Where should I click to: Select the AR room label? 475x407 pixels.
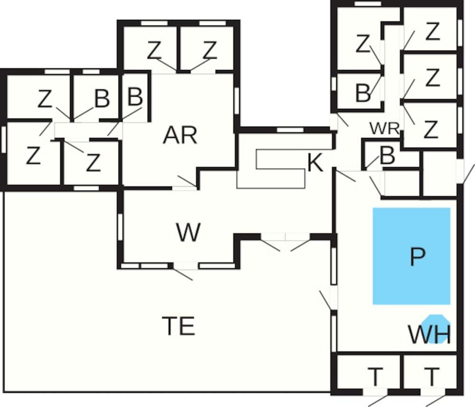coord(180,136)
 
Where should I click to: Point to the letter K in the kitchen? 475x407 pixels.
coord(315,163)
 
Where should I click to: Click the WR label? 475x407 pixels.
coord(384,128)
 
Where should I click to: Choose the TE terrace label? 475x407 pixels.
coord(179,326)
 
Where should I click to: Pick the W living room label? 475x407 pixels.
coord(188,233)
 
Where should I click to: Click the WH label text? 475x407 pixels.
coord(429,335)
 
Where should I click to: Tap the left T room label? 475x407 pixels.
coord(375,378)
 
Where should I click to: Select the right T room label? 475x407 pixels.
coord(431,378)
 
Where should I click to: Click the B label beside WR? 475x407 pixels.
coord(388,156)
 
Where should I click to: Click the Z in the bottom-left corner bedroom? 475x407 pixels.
coord(33,156)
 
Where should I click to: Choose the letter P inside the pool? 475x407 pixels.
coord(417,257)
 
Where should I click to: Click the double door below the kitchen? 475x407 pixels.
coord(285,237)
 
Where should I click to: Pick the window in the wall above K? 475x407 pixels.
coord(286,130)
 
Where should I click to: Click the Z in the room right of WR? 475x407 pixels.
coord(430,130)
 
